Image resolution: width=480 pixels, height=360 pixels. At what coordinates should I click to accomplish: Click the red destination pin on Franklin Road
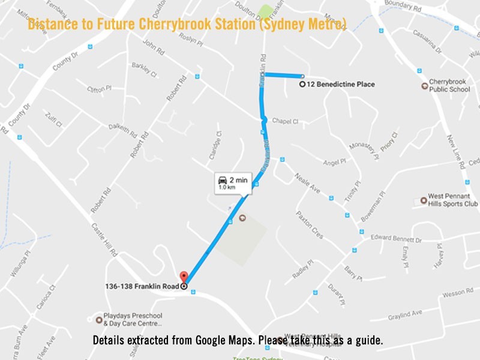tap(184, 277)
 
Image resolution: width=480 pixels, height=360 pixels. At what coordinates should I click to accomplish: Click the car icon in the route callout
tap(223, 179)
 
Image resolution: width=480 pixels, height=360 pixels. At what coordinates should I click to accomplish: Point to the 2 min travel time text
tap(238, 179)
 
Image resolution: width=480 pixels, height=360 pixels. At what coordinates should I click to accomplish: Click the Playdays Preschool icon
tap(100, 319)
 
